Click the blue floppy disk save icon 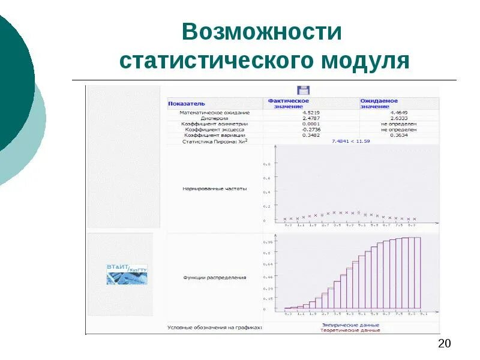click(304, 91)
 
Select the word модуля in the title click(365, 61)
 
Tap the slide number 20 click(445, 344)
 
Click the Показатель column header click(186, 103)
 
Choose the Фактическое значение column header click(289, 103)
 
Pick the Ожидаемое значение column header click(379, 103)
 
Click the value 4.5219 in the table click(311, 112)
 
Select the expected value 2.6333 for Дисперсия click(399, 118)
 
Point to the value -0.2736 click(310, 130)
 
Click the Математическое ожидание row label click(215, 112)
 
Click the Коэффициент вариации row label click(215, 135)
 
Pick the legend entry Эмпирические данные click(350, 325)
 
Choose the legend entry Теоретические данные click(350, 331)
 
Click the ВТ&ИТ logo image click(126, 274)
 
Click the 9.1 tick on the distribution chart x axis click(424, 314)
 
